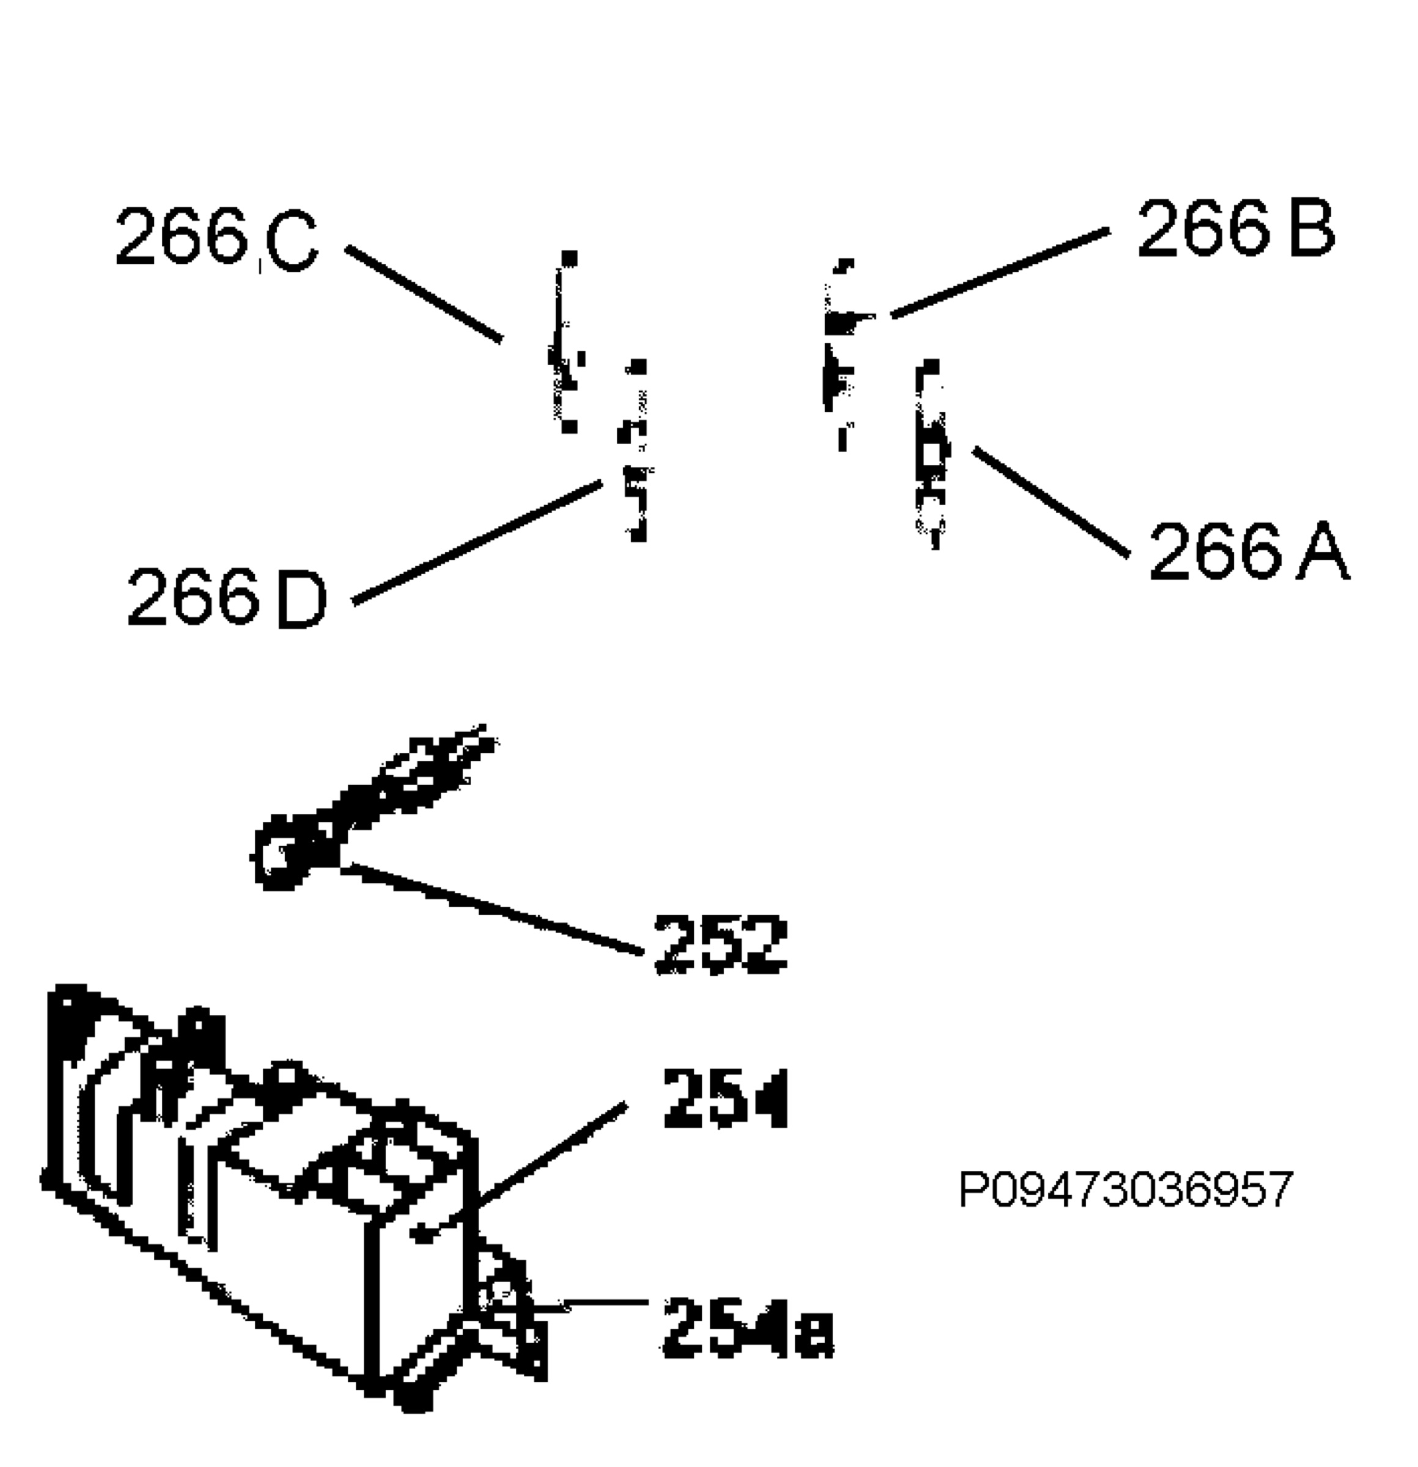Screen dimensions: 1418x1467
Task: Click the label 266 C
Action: (217, 238)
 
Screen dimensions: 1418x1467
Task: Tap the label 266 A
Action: (1249, 551)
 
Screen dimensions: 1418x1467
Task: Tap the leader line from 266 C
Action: (424, 294)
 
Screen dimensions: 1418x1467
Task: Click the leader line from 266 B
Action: (1000, 273)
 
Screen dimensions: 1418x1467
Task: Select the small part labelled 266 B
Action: (843, 352)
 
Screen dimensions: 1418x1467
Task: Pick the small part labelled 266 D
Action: (635, 449)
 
